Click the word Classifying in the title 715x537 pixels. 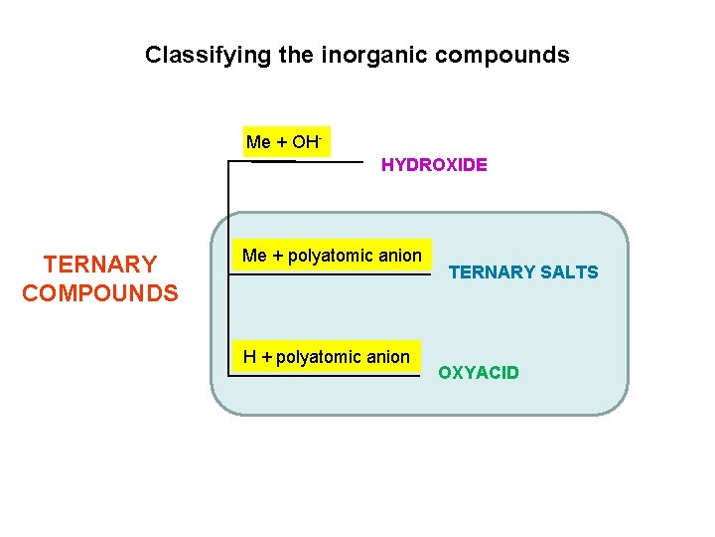(x=195, y=55)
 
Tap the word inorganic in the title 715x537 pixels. (x=365, y=55)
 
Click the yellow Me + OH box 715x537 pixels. (x=286, y=142)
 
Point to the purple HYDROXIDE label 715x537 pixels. (x=434, y=165)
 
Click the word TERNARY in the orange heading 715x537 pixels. (x=99, y=265)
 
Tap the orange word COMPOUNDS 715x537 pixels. (x=99, y=293)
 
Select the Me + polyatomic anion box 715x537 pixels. (x=332, y=256)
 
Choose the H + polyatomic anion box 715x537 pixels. (x=326, y=357)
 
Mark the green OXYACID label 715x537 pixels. (x=479, y=373)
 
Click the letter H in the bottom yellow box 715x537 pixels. (x=249, y=357)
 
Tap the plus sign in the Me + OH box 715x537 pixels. (x=281, y=142)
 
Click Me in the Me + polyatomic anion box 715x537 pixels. (x=255, y=256)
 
